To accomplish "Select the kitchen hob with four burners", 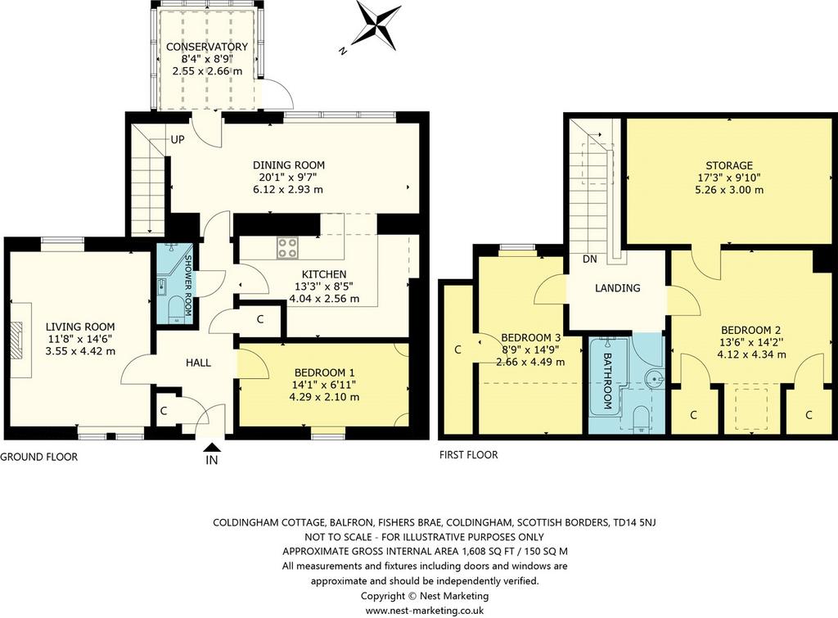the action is (287, 249).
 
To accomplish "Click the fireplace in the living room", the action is (20, 340).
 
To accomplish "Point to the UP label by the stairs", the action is (178, 139).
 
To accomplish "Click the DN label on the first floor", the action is (590, 259).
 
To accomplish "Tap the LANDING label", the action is (617, 288).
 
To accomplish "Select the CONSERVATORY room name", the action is (207, 47).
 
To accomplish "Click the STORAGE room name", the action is (729, 165).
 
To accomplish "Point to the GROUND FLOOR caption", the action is (39, 457).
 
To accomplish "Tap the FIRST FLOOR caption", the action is (469, 455).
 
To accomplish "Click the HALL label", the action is (198, 363).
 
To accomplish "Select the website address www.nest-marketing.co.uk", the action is (425, 610).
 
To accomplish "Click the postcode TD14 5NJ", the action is (633, 522).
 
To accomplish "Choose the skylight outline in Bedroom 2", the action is (751, 409).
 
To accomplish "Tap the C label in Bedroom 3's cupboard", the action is (457, 350).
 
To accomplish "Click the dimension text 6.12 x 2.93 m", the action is (289, 189).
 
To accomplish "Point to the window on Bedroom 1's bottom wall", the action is (328, 436).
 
